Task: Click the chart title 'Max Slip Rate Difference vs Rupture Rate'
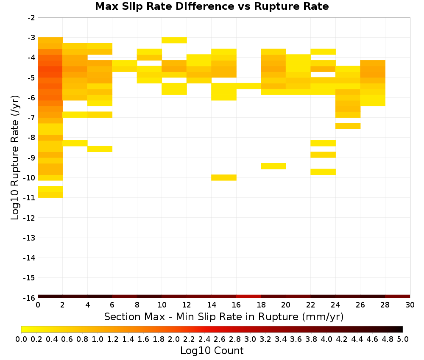tap(212, 6)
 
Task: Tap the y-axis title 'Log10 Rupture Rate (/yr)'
tap(15, 158)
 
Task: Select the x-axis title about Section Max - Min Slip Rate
tap(223, 316)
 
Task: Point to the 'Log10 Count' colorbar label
tap(212, 351)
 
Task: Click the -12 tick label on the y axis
tap(29, 218)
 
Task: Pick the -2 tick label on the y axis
tap(31, 18)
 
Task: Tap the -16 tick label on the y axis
tap(29, 298)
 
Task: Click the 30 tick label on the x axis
tap(410, 305)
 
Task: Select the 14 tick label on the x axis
tap(212, 305)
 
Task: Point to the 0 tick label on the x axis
tap(38, 305)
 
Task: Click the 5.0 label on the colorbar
tap(403, 339)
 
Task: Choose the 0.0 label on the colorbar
tap(21, 339)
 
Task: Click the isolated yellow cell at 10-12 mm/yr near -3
tap(174, 40)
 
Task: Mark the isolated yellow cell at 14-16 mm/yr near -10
tap(224, 177)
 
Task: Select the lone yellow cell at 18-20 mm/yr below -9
tap(273, 166)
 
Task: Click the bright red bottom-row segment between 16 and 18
tap(248, 296)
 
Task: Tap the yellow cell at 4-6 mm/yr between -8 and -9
tap(100, 149)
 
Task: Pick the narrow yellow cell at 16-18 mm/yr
tap(248, 86)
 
